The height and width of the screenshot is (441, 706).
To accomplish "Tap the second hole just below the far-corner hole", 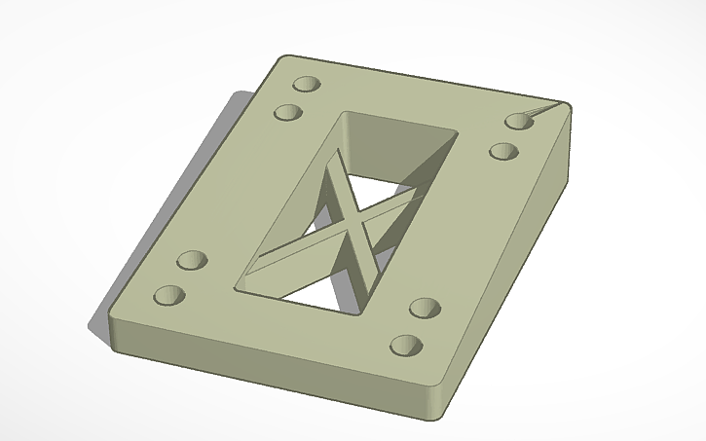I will pyautogui.click(x=287, y=114).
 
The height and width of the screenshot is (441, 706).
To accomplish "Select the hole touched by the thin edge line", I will pyautogui.click(x=517, y=121).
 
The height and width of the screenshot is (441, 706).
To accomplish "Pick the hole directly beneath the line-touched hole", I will pyautogui.click(x=502, y=151).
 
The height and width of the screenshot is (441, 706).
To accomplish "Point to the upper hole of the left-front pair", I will pyautogui.click(x=191, y=260).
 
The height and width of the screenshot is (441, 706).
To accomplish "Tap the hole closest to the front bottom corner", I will pyautogui.click(x=406, y=344).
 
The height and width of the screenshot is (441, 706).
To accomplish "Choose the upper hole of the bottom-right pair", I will pyautogui.click(x=425, y=308).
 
